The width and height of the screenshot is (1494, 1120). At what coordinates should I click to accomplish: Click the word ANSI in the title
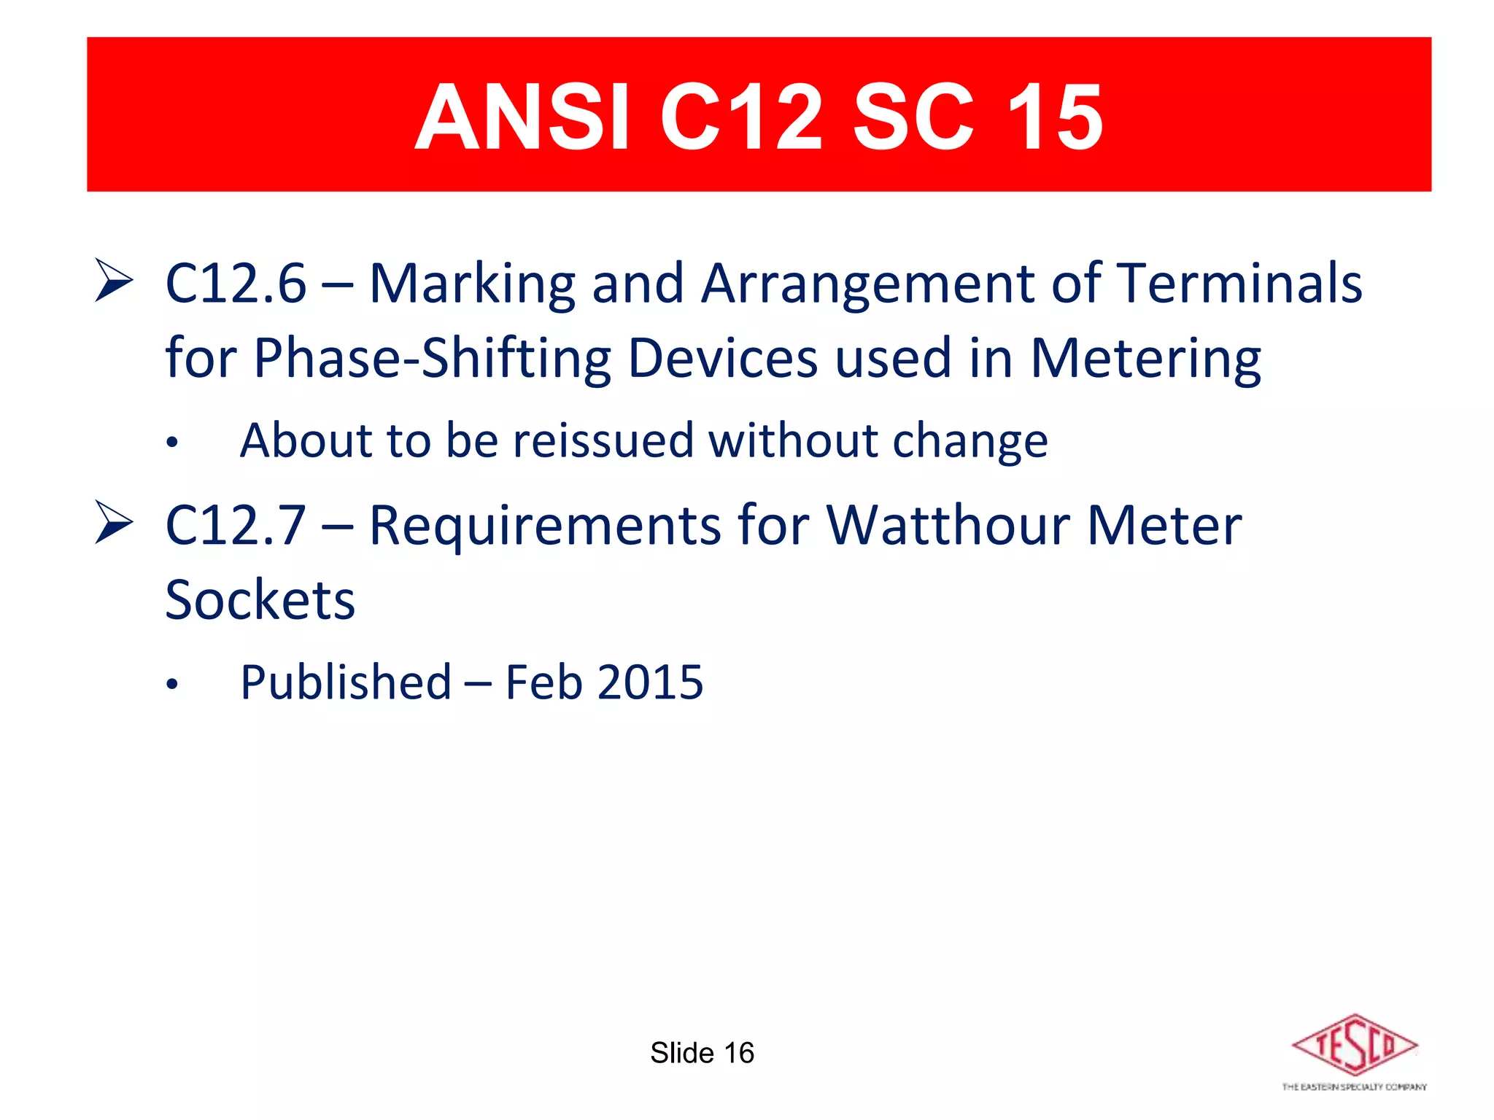coord(521,117)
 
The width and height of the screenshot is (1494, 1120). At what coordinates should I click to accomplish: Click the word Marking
coord(472,284)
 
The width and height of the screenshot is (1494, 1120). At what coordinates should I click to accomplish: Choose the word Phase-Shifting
coord(432,359)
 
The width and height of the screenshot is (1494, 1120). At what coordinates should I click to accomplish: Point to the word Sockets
coord(260,599)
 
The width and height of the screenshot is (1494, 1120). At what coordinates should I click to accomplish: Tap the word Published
coord(346,682)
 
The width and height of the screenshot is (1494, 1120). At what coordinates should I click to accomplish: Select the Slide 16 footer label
coord(702,1053)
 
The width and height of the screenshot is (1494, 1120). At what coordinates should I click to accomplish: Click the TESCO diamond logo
coord(1355,1046)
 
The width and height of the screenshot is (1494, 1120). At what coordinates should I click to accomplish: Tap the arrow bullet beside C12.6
coord(114,281)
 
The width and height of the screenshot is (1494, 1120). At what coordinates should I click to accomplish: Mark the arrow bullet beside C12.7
coord(114,523)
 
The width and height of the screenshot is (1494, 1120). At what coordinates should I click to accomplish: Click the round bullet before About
coord(171,443)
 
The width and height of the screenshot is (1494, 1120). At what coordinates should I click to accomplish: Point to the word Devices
coord(722,359)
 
